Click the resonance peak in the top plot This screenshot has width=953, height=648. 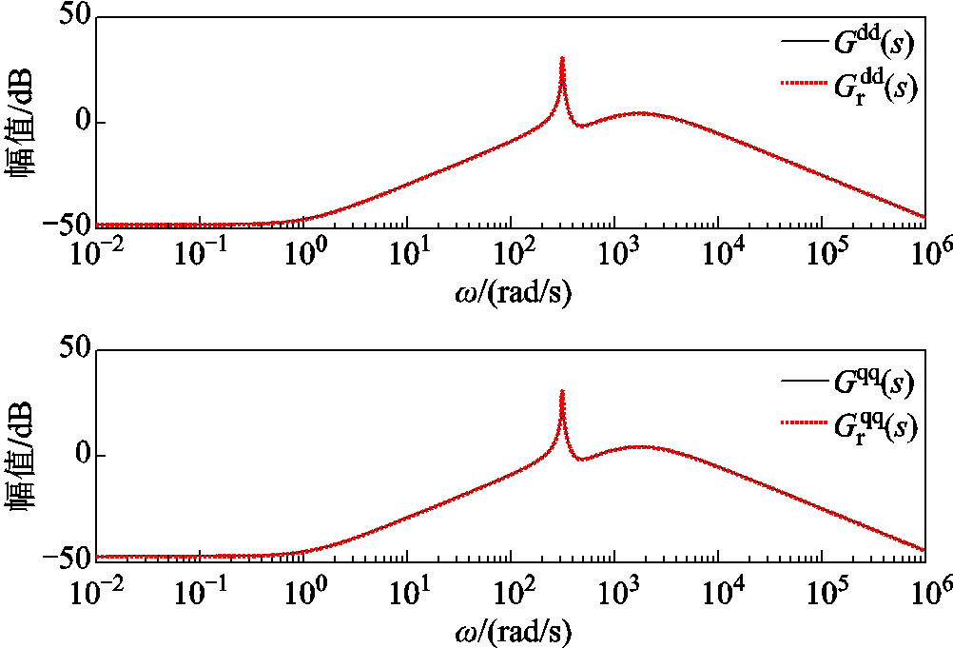tap(562, 59)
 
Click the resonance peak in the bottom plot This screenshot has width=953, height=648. tap(562, 392)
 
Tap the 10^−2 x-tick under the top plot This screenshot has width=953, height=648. tap(100, 253)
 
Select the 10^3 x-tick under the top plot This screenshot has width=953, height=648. tap(617, 253)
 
